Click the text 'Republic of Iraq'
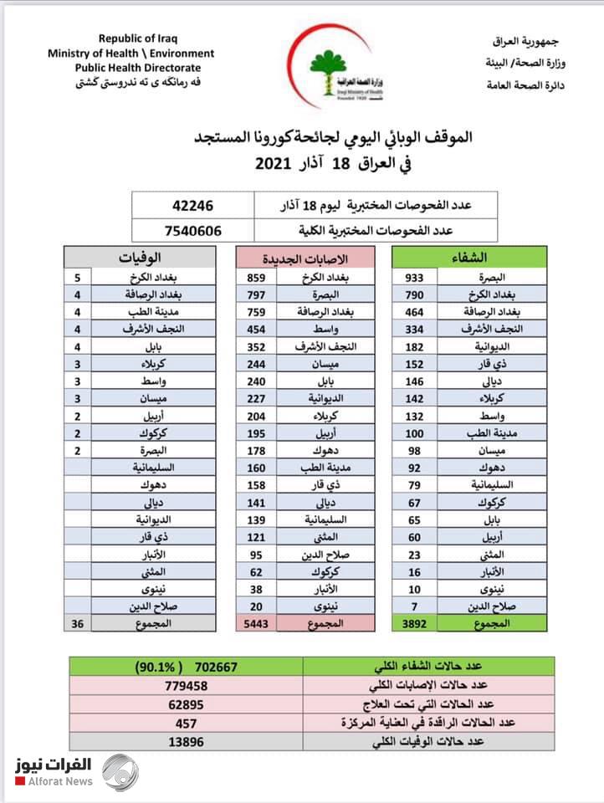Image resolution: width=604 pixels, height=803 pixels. pyautogui.click(x=138, y=38)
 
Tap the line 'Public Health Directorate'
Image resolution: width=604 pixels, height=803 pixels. pyautogui.click(x=138, y=68)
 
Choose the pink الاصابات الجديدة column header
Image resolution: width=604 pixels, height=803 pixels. pyautogui.click(x=307, y=258)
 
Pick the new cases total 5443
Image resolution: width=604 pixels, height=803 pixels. pyautogui.click(x=255, y=623)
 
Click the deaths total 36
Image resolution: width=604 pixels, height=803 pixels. pyautogui.click(x=78, y=623)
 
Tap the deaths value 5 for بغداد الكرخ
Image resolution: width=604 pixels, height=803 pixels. pyautogui.click(x=78, y=278)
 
